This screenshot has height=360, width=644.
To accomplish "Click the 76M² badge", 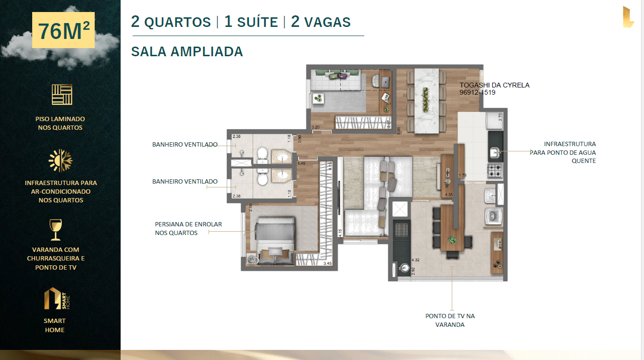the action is coord(63,30).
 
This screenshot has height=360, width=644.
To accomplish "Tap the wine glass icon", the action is coord(55,230).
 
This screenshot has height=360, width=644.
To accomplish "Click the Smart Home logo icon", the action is coord(57,298).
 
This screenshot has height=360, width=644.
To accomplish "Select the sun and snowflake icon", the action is coord(61,161).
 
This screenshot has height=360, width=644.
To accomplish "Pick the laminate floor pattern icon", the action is coord(62,94).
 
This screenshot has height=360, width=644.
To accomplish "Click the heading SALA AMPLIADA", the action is coord(187,52).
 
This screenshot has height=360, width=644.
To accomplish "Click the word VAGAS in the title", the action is coord(327,22).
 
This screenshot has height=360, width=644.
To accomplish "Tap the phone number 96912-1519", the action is coord(477,93).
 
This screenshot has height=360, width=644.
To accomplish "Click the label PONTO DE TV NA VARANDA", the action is coord(450,320).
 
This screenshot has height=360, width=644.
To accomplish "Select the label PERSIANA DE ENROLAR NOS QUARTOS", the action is coord(188,229).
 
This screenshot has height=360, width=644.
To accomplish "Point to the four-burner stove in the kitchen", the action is coord(495,170).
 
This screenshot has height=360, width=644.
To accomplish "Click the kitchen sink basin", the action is coord(494,153).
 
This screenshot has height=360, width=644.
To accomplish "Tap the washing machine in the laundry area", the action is coord(494,216).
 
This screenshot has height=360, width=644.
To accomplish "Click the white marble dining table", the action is coord(427,101).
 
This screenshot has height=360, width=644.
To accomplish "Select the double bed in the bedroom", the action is coord(275,240).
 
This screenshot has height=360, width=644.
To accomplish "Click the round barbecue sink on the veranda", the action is coord(404,268).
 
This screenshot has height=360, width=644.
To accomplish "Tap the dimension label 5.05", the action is coord(398,131).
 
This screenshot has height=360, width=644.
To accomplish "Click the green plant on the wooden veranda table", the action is coord(452,239).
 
